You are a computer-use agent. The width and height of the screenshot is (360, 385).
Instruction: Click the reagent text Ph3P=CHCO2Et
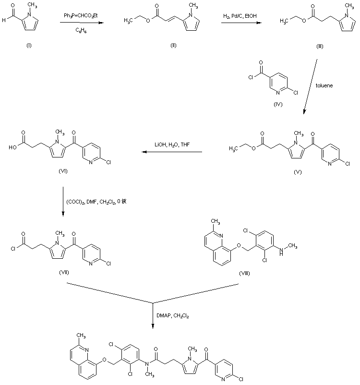77,16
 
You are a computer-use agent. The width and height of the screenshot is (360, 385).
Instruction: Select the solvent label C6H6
77,31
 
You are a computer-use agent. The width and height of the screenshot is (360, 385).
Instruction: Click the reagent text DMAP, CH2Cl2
171,314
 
